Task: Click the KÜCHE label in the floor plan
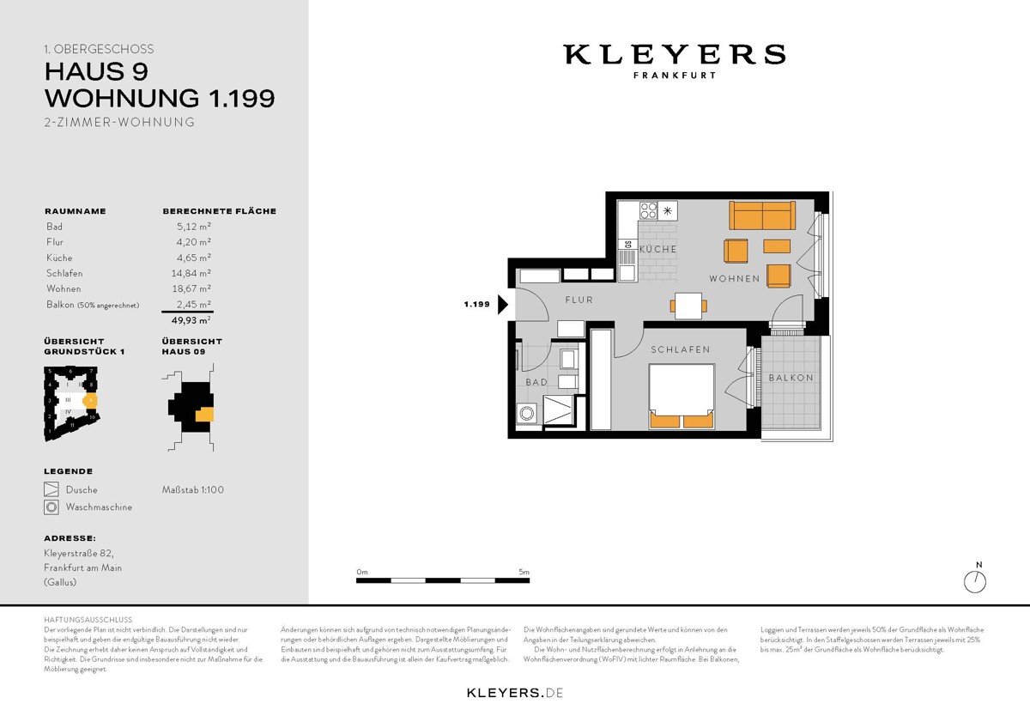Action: point(657,249)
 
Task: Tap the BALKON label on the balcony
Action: point(791,378)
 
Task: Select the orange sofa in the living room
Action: point(760,215)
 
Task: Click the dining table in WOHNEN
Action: point(689,305)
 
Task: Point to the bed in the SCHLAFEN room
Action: point(682,395)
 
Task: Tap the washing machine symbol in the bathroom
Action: point(525,413)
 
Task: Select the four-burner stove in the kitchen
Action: point(648,210)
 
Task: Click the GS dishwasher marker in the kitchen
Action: point(628,246)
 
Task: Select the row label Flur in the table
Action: point(55,242)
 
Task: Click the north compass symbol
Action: point(975,581)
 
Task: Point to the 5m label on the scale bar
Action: point(524,572)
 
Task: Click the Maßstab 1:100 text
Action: point(193,490)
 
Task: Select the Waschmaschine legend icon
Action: point(51,507)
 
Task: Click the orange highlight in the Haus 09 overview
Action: point(204,416)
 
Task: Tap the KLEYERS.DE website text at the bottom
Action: point(514,692)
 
